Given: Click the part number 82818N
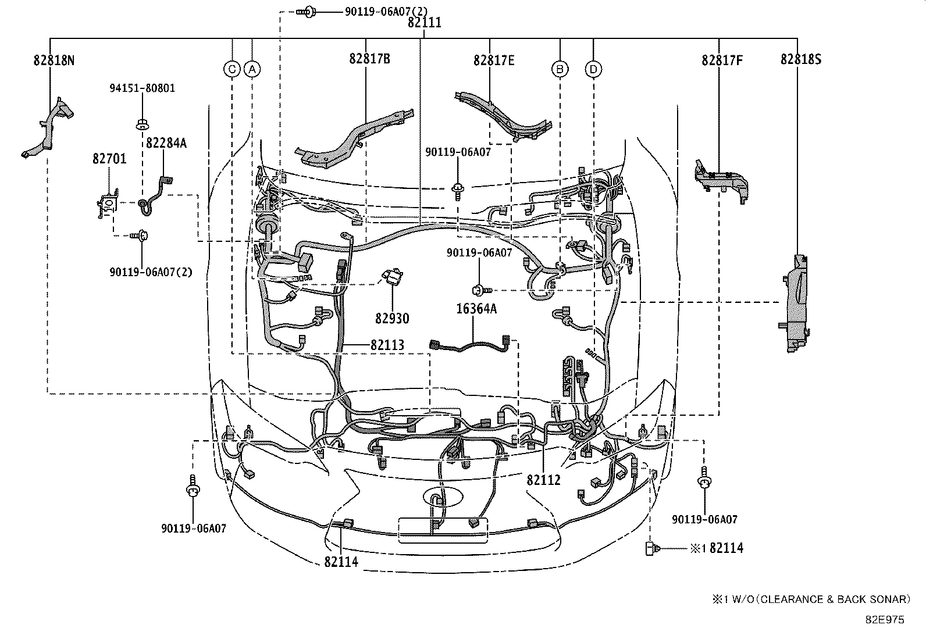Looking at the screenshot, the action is tap(54, 60).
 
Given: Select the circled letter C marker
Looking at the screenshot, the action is tap(232, 69).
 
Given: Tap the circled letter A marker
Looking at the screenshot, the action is tap(252, 69).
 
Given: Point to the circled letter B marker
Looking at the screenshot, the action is tap(560, 69).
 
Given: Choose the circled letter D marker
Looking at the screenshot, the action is tap(594, 69).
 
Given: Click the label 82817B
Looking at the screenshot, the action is tap(369, 59).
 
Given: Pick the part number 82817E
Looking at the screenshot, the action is tap(494, 60).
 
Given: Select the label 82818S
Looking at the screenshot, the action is tap(801, 59).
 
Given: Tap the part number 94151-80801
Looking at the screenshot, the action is tap(142, 88).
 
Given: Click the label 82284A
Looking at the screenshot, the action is tap(166, 143).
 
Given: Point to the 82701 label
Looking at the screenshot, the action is tap(109, 158).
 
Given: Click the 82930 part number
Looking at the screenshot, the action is tap(392, 318).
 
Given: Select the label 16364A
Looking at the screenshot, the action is tap(476, 308).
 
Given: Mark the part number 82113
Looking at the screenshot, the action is tap(387, 345).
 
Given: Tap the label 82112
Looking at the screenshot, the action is tap(543, 480).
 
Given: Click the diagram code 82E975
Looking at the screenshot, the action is tap(885, 620).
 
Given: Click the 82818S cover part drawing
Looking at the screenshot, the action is tap(795, 304).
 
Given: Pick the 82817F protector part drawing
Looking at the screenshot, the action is tap(721, 182).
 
